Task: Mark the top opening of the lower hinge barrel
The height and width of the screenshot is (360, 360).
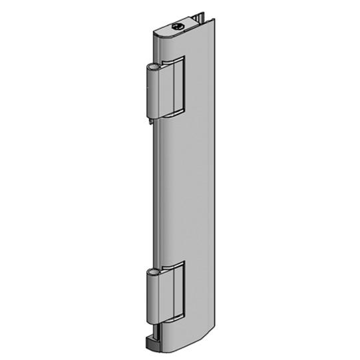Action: pos(153,272)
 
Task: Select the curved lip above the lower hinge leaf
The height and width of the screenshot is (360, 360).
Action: pos(172,268)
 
